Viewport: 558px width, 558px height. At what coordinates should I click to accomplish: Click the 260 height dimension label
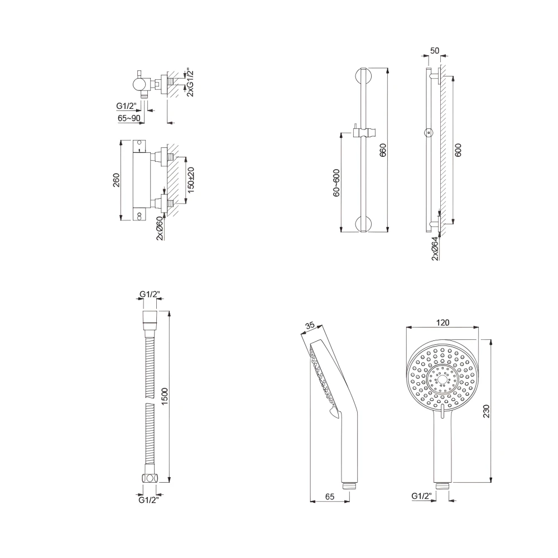(x=117, y=180)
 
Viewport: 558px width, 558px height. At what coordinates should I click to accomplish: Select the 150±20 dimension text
(x=191, y=180)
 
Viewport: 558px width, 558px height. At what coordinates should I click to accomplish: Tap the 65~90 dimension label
(x=129, y=118)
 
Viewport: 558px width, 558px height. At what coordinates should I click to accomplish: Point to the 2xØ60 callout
(x=160, y=228)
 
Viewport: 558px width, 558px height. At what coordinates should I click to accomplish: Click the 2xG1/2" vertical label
(x=190, y=84)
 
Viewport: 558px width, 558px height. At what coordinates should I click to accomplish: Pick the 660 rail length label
(x=383, y=150)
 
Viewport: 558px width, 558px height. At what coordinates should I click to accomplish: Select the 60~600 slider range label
(x=336, y=182)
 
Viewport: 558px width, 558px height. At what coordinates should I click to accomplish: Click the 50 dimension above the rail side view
(x=435, y=51)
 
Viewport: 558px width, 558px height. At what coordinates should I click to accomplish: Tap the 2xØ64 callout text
(x=435, y=249)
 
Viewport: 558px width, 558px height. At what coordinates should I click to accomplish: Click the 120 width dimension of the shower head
(x=442, y=323)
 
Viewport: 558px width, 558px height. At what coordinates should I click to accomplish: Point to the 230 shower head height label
(x=487, y=411)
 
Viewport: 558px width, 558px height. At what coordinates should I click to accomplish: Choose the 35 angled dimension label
(x=310, y=325)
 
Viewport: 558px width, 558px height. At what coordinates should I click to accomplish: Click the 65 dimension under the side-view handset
(x=330, y=497)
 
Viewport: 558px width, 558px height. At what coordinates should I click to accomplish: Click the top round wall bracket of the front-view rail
(x=363, y=76)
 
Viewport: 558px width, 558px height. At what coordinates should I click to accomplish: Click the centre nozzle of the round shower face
(x=442, y=379)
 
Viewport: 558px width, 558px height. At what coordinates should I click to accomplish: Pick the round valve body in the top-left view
(x=139, y=85)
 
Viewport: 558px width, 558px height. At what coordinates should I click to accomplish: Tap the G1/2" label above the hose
(x=150, y=294)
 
